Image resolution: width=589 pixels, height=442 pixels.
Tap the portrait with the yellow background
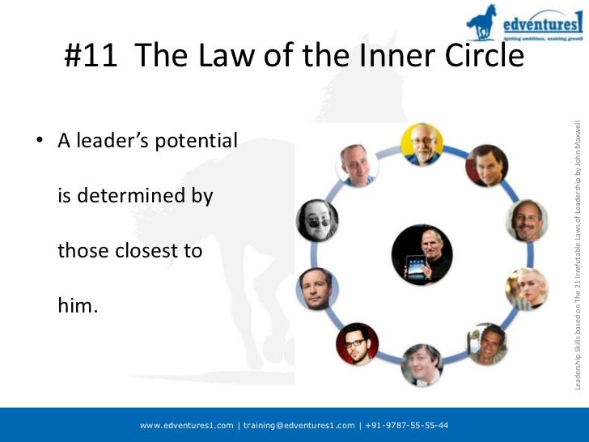pyautogui.click(x=422, y=144)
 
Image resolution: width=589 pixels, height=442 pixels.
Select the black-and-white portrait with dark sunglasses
pyautogui.click(x=317, y=219)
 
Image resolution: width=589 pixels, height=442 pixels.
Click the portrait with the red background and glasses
pyautogui.click(x=357, y=343)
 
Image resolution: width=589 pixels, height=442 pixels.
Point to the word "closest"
pyautogui.click(x=150, y=251)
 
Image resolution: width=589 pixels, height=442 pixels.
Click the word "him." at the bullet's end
pyautogui.click(x=78, y=306)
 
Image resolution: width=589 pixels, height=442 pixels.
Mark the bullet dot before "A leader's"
pyautogui.click(x=38, y=142)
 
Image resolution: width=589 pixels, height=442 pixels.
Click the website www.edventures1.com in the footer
pyautogui.click(x=187, y=425)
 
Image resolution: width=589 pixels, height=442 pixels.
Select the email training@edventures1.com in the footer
pyautogui.click(x=299, y=425)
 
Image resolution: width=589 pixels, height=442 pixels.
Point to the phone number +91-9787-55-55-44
pyautogui.click(x=408, y=425)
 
